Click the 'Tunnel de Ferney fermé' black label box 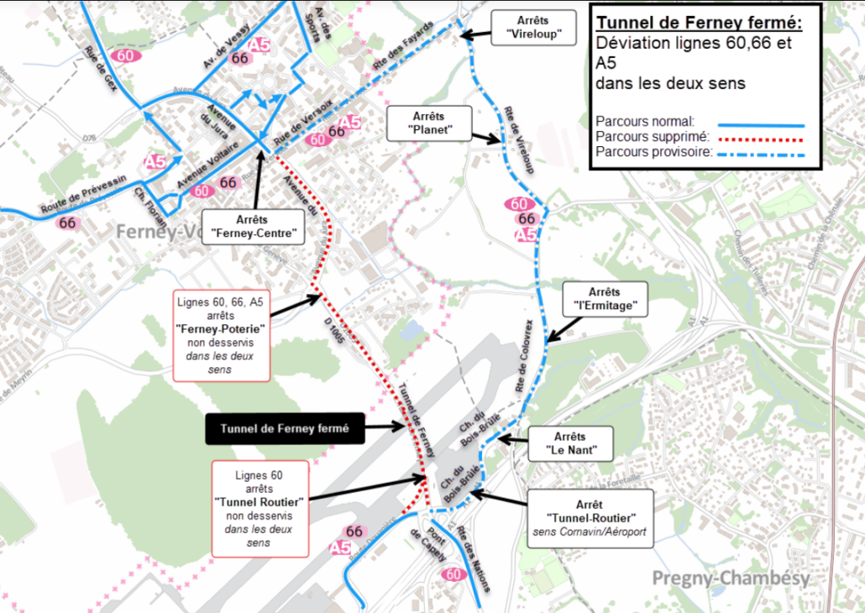pyautogui.click(x=284, y=427)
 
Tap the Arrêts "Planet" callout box pyautogui.click(x=428, y=123)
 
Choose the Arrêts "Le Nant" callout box pyautogui.click(x=570, y=443)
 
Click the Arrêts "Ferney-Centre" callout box pyautogui.click(x=253, y=225)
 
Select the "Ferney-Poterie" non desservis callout pyautogui.click(x=221, y=335)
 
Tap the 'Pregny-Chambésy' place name pyautogui.click(x=731, y=578)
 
